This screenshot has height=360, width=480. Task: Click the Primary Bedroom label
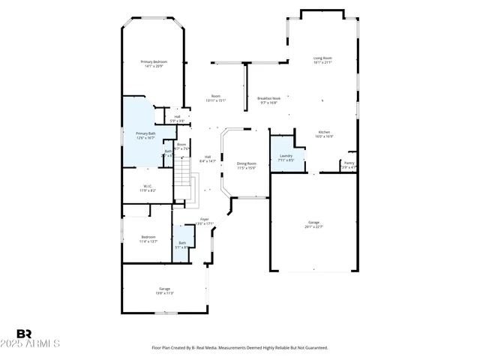pyautogui.click(x=155, y=64)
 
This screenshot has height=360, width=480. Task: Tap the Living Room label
pyautogui.click(x=322, y=60)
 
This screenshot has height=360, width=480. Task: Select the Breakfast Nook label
pyautogui.click(x=268, y=100)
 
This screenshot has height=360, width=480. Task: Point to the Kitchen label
pyautogui.click(x=324, y=134)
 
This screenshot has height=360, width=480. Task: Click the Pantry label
pyautogui.click(x=349, y=164)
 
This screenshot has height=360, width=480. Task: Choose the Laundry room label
pyautogui.click(x=286, y=157)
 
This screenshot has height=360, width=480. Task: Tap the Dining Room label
pyautogui.click(x=247, y=166)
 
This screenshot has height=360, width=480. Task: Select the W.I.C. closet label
pyautogui.click(x=148, y=188)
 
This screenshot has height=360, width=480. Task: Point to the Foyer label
pyautogui.click(x=204, y=221)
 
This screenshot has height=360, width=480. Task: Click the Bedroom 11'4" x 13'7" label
pyautogui.click(x=148, y=239)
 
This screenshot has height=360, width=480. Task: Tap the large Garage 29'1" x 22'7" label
pyautogui.click(x=313, y=224)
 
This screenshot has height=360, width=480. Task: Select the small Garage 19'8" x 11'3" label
pyautogui.click(x=164, y=291)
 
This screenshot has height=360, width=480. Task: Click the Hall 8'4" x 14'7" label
pyautogui.click(x=207, y=158)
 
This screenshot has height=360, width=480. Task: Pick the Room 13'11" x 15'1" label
pyautogui.click(x=216, y=98)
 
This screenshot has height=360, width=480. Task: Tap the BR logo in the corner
pyautogui.click(x=24, y=334)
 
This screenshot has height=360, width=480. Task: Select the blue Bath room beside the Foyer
pyautogui.click(x=181, y=245)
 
